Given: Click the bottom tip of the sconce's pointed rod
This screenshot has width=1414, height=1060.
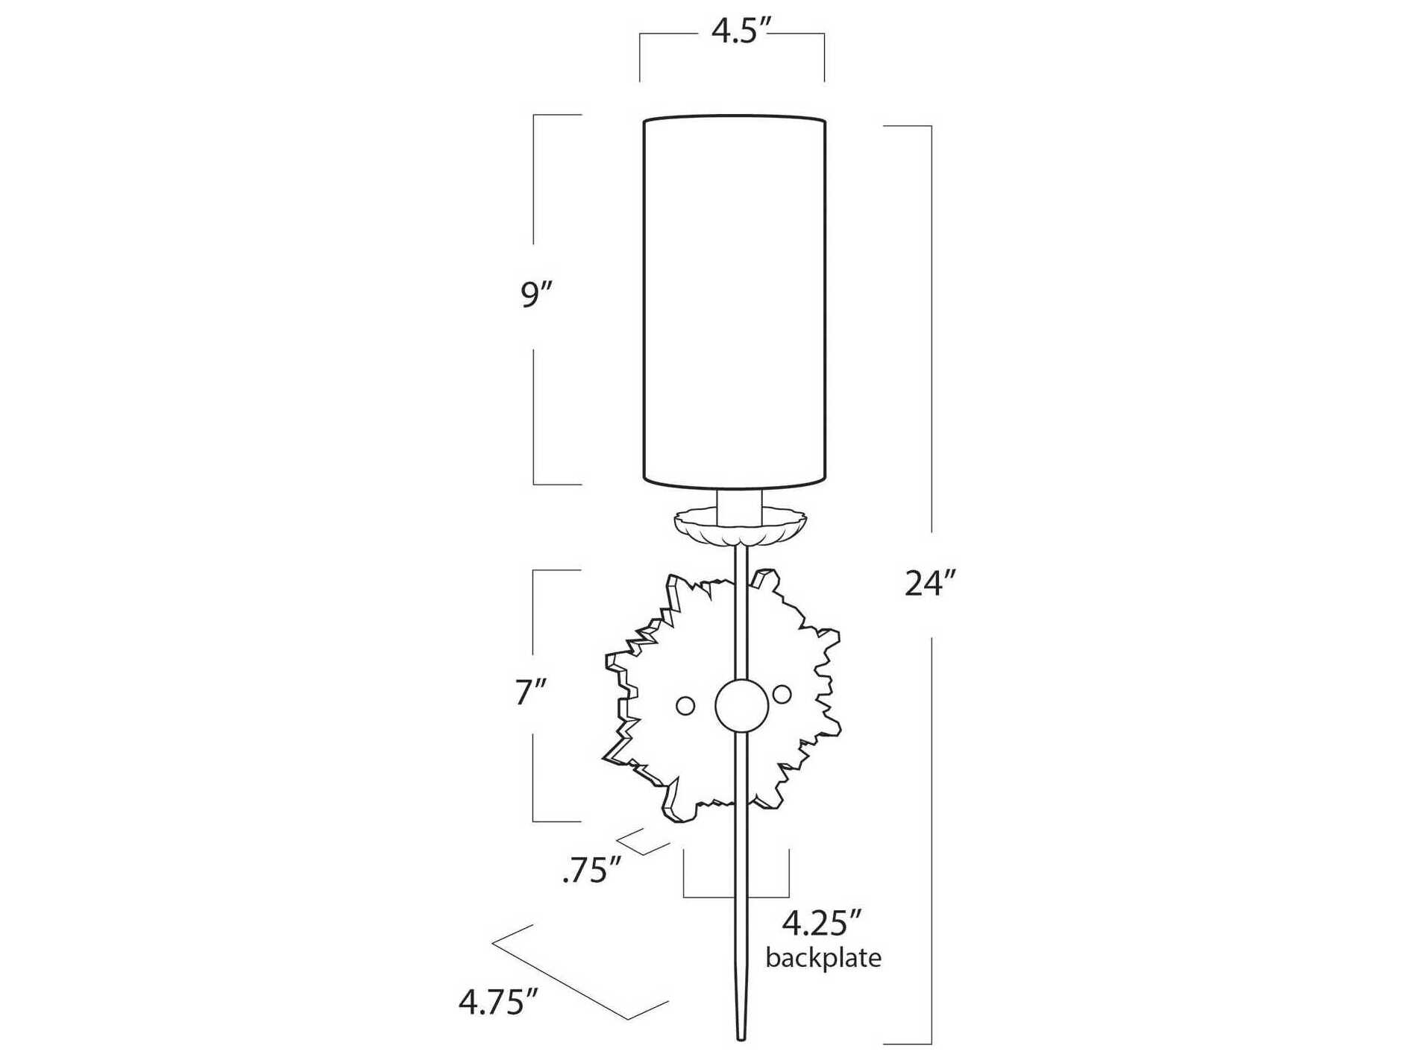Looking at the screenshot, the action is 741,1039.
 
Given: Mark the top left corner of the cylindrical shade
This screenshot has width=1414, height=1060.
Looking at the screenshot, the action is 644,119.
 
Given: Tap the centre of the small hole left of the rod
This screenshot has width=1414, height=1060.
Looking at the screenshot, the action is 685,705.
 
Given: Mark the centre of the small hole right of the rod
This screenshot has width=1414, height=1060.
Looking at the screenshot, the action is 782,694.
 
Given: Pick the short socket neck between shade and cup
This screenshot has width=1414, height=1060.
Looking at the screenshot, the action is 740,505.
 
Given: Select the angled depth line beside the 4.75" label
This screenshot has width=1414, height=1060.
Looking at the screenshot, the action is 580,971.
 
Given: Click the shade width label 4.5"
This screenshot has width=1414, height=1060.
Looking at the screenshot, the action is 740,32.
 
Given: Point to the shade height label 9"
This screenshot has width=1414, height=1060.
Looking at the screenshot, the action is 535,295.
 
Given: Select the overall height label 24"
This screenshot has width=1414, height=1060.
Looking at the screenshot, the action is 929,583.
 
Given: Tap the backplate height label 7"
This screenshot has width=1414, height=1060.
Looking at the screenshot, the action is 531,693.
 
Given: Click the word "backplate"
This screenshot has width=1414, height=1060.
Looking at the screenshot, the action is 823,957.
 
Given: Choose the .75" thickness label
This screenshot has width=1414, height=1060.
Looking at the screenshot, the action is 591,870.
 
